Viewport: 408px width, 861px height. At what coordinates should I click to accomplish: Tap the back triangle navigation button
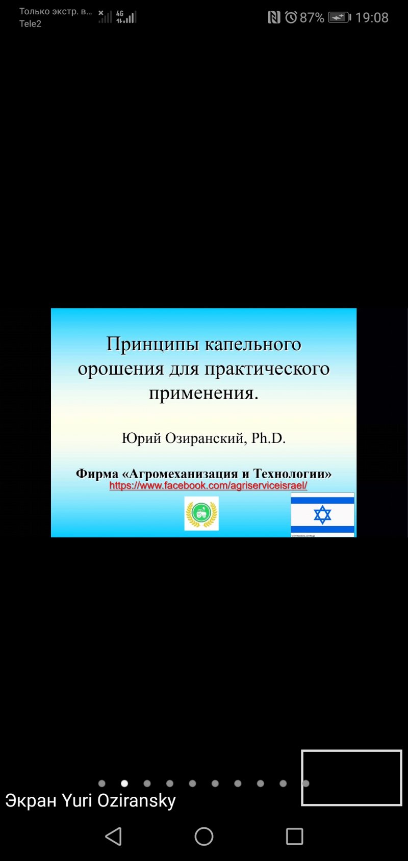(113, 837)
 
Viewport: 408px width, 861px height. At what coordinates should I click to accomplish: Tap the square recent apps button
(295, 837)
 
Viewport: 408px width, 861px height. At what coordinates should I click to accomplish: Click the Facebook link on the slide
(208, 485)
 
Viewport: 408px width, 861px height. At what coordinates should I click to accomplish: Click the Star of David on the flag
(322, 515)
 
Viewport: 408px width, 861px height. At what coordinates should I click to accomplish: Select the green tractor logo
(201, 513)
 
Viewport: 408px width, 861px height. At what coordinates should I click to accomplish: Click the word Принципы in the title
(152, 345)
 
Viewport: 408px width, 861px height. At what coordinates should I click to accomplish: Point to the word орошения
(121, 369)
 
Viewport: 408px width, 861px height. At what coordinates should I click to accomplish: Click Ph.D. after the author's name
(268, 438)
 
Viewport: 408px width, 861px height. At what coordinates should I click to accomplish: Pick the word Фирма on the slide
(97, 474)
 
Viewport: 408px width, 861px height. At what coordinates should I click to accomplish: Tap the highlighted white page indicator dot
(124, 784)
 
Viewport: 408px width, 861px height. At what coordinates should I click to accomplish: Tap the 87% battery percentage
(312, 18)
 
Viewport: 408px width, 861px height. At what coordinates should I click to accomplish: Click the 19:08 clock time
(371, 18)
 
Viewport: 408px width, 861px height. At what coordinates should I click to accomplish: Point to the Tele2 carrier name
(30, 24)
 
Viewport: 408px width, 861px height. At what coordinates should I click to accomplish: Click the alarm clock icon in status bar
(291, 17)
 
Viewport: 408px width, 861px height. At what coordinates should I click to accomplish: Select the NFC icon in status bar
(274, 17)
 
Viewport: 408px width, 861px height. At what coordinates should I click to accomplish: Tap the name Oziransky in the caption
(136, 801)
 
